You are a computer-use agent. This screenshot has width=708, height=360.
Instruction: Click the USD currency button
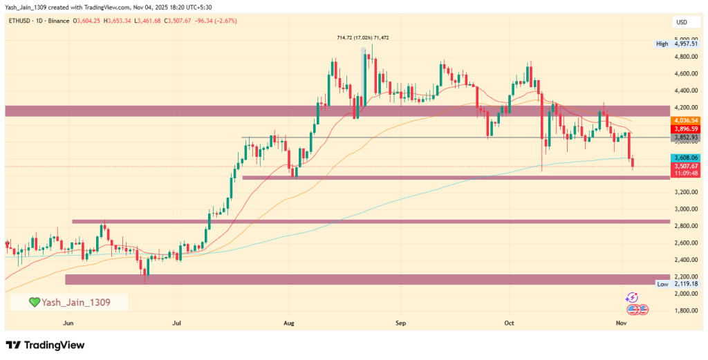point(681,23)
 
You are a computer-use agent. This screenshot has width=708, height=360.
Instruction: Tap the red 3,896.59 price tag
point(686,129)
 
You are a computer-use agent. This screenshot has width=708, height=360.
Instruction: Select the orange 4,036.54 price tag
point(686,120)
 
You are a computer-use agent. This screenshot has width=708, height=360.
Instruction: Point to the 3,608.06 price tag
point(686,158)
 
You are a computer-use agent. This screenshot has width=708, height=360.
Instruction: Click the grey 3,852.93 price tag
point(686,138)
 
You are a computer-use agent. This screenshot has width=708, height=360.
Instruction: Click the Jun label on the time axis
point(68,323)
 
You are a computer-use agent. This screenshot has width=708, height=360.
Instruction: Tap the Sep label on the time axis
point(400,323)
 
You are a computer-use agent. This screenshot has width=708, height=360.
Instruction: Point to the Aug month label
point(289,323)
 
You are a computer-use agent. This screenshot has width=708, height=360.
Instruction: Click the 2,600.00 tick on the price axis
point(686,243)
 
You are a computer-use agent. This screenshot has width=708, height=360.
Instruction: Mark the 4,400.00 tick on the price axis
point(686,91)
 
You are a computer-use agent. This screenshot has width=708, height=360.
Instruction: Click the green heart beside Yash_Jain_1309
point(34,302)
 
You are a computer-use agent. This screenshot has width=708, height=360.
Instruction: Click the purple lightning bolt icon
point(632,297)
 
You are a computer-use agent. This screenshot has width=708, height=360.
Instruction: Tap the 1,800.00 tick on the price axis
point(686,310)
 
